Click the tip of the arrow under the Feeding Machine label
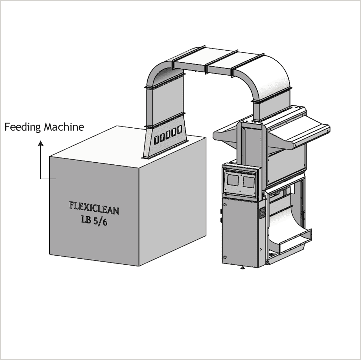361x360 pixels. tap(41, 141)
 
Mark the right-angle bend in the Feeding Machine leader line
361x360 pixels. tap(41, 179)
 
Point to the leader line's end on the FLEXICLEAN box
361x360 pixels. tap(56, 179)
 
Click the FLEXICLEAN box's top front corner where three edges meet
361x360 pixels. tap(139, 168)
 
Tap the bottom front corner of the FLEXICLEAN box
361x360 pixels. tap(139, 266)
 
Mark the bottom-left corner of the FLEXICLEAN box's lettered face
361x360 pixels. tap(50, 255)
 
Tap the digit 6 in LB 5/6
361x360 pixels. tap(105, 222)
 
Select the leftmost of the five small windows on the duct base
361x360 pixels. tap(156, 140)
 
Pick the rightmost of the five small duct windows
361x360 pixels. tap(179, 129)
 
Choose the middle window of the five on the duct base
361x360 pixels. tap(168, 135)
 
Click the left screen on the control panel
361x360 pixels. tap(233, 180)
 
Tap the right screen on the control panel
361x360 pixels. tap(249, 182)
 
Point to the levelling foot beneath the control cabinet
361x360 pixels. tap(242, 267)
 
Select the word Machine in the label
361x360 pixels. tap(64, 127)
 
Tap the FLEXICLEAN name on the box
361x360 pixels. tap(94, 208)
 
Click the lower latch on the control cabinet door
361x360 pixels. tap(225, 257)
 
